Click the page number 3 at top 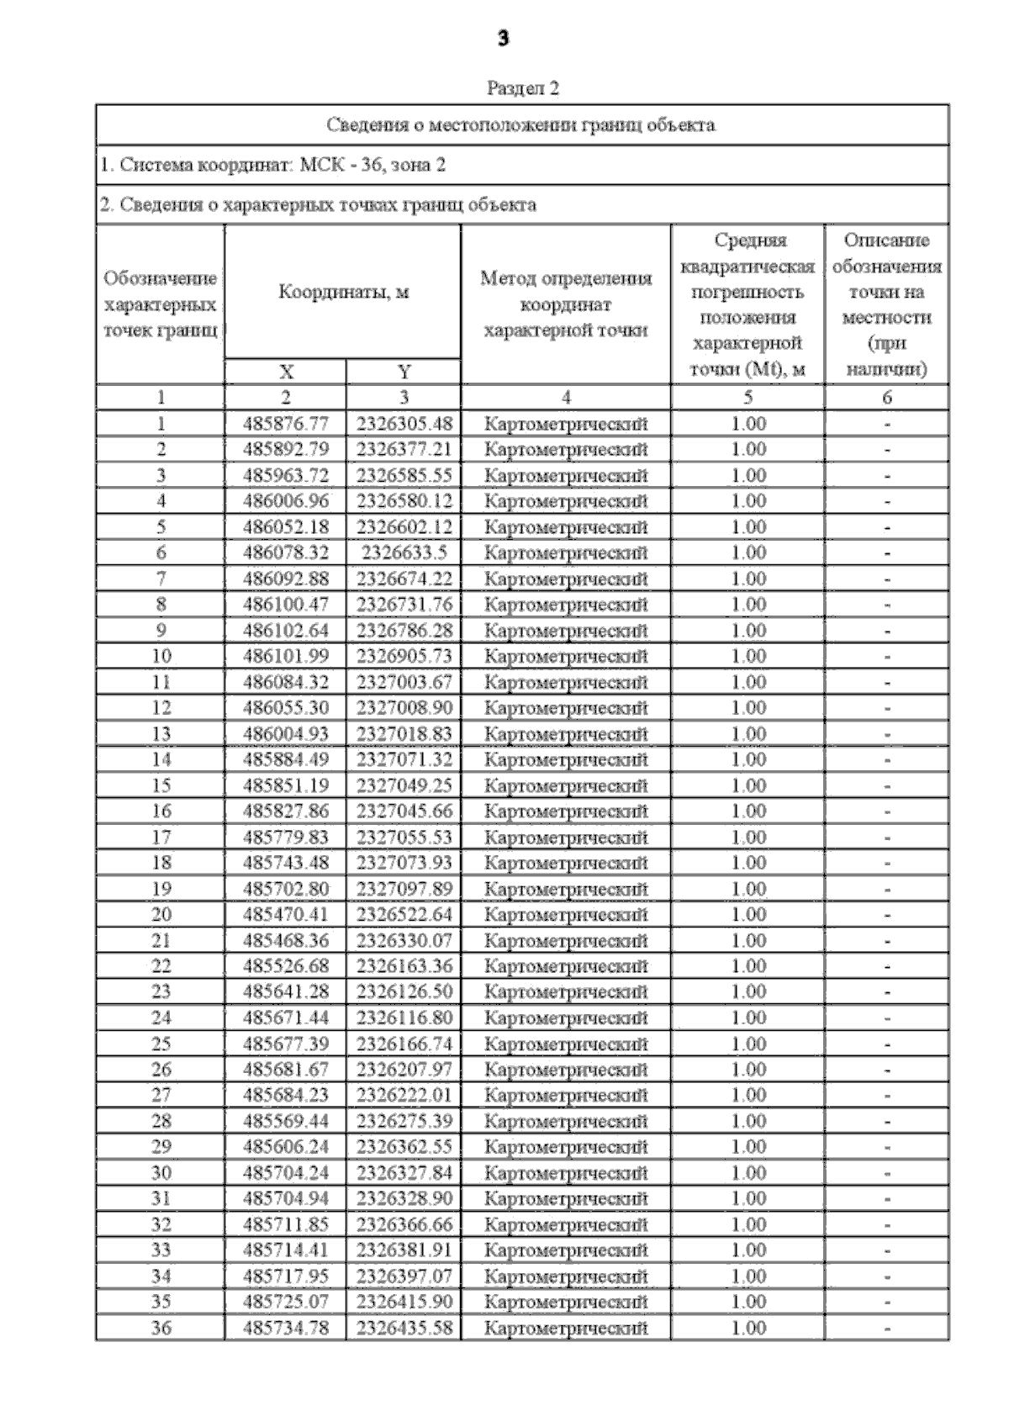point(503,39)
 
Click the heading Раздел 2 point(522,88)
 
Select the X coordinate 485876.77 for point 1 point(285,424)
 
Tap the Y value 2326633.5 point(404,552)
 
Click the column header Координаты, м point(343,293)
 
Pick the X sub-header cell point(285,373)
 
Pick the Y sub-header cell point(404,373)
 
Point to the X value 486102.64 point(285,630)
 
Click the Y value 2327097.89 point(404,889)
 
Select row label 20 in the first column point(161,914)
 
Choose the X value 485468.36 point(285,940)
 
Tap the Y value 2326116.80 point(404,1017)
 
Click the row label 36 point(161,1328)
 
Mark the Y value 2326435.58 point(404,1328)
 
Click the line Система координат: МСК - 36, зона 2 point(272,165)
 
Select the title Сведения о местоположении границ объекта point(521,125)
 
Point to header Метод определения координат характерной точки point(566,304)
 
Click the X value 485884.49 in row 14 point(285,759)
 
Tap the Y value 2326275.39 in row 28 point(404,1121)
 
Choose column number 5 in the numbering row point(748,398)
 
